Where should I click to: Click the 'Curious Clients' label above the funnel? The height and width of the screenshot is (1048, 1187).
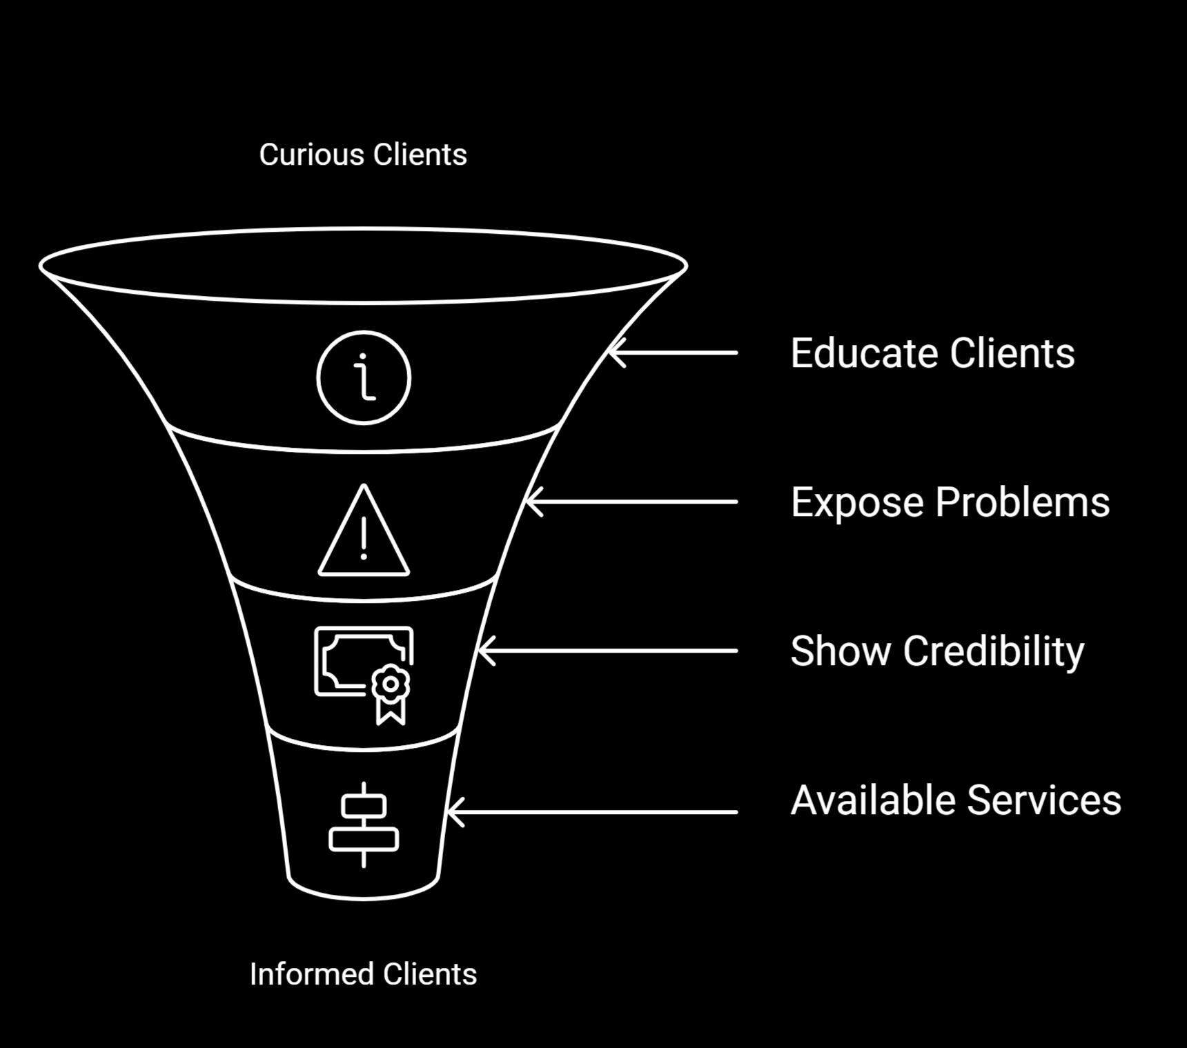tap(363, 155)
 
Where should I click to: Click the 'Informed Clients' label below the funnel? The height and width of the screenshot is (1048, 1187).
tap(363, 974)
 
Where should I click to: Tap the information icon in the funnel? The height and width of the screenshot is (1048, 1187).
tap(364, 377)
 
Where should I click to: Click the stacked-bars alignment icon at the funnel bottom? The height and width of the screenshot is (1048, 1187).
tap(364, 824)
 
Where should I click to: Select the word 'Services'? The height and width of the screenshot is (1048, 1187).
tap(1043, 800)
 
